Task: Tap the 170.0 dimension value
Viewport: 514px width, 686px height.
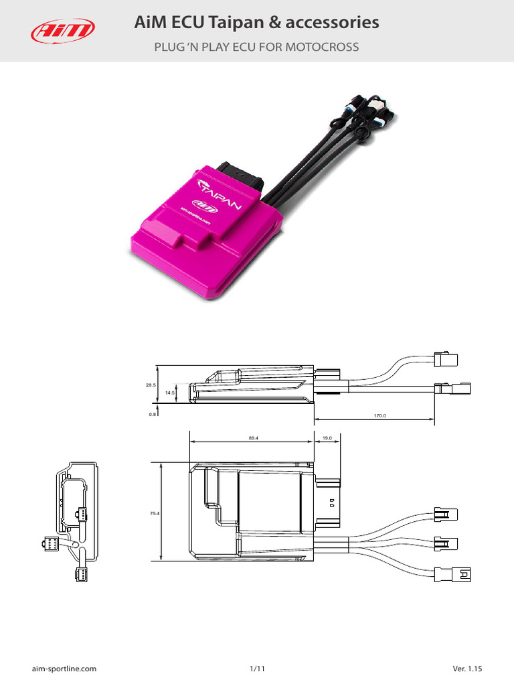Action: coord(380,416)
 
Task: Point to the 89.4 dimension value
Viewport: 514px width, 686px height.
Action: coord(253,439)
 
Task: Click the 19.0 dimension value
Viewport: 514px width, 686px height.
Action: coord(327,439)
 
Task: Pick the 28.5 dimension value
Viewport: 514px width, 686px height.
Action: coord(151,385)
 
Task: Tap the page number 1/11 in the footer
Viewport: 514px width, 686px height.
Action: coord(257,669)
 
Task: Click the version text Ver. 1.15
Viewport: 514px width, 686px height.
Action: coord(467,669)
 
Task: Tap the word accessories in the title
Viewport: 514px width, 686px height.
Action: coord(333,23)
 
